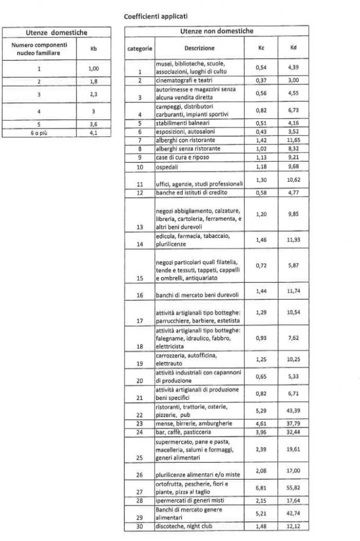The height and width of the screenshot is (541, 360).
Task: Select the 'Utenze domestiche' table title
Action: tap(57, 33)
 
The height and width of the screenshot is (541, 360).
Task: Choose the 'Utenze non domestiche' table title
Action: tap(217, 32)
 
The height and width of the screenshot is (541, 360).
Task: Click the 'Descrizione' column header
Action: tap(198, 49)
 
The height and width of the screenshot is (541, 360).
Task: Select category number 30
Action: tap(140, 526)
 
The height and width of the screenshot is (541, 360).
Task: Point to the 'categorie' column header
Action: tap(140, 49)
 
